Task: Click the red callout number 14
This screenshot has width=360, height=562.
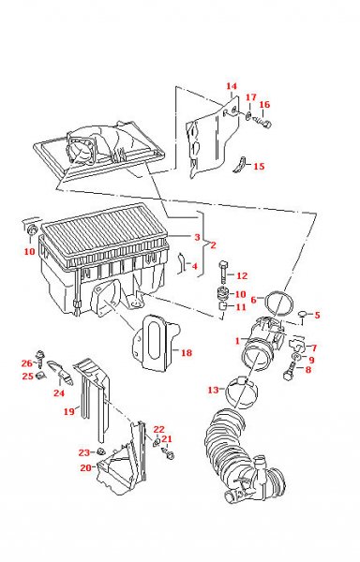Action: (x=232, y=86)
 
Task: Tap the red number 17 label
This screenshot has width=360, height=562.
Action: (x=251, y=97)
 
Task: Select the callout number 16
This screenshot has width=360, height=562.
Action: (x=264, y=105)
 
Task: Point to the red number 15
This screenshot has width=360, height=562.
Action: (x=259, y=167)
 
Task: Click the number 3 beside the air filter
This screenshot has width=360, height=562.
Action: (x=197, y=237)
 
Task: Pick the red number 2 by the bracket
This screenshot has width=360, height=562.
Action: (x=214, y=245)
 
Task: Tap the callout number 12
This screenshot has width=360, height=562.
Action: (x=242, y=275)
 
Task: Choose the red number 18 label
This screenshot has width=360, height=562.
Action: (x=187, y=353)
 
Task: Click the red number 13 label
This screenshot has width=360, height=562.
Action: (x=214, y=390)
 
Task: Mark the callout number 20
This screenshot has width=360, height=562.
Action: (x=85, y=467)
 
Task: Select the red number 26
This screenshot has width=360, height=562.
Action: (x=27, y=363)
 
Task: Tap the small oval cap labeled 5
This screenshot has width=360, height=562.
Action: (x=303, y=315)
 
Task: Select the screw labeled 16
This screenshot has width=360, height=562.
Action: (x=263, y=122)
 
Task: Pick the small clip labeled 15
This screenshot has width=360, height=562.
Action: (x=240, y=165)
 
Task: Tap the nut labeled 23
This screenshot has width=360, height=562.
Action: (x=100, y=451)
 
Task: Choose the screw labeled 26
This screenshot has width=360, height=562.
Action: (x=39, y=358)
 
